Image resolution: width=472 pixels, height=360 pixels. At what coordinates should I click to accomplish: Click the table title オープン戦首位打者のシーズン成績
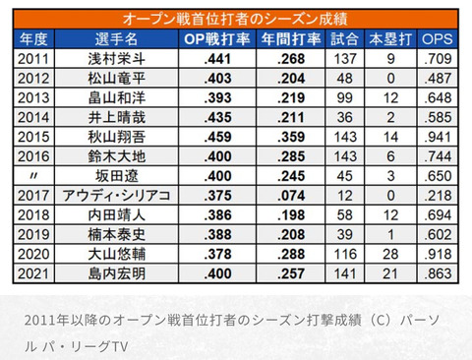(x=235, y=19)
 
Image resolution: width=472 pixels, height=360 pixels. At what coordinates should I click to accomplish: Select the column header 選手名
(x=116, y=39)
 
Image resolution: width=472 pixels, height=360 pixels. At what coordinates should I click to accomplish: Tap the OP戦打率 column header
(x=217, y=39)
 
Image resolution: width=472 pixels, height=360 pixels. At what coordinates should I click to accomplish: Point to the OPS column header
(x=438, y=39)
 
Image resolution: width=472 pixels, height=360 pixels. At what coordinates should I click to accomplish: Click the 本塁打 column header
(x=390, y=39)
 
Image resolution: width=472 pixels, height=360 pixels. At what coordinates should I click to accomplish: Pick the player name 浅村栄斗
(x=116, y=59)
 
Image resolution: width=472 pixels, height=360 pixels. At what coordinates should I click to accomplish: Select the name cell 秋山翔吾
(x=116, y=137)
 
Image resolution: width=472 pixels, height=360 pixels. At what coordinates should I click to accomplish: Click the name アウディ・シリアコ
(x=116, y=196)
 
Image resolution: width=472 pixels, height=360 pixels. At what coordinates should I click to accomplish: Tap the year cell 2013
(x=33, y=97)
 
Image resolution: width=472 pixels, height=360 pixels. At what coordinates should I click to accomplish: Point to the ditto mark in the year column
(x=33, y=176)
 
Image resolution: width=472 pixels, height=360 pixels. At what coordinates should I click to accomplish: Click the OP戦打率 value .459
(x=217, y=137)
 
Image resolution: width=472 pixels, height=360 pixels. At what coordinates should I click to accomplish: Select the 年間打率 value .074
(x=291, y=196)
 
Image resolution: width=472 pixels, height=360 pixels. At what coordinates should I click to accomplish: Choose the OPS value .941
(x=438, y=137)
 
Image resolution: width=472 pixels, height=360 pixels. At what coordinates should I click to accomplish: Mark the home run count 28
(x=390, y=254)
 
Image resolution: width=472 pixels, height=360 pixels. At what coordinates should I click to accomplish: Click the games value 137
(x=345, y=59)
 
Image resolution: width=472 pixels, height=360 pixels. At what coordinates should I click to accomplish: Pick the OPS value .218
(x=438, y=196)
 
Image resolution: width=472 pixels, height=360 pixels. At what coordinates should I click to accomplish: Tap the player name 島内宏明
(x=116, y=273)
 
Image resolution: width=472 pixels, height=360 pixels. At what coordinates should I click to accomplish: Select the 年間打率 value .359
(x=291, y=137)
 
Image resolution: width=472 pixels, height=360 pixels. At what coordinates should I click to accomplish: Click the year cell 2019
(x=33, y=235)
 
